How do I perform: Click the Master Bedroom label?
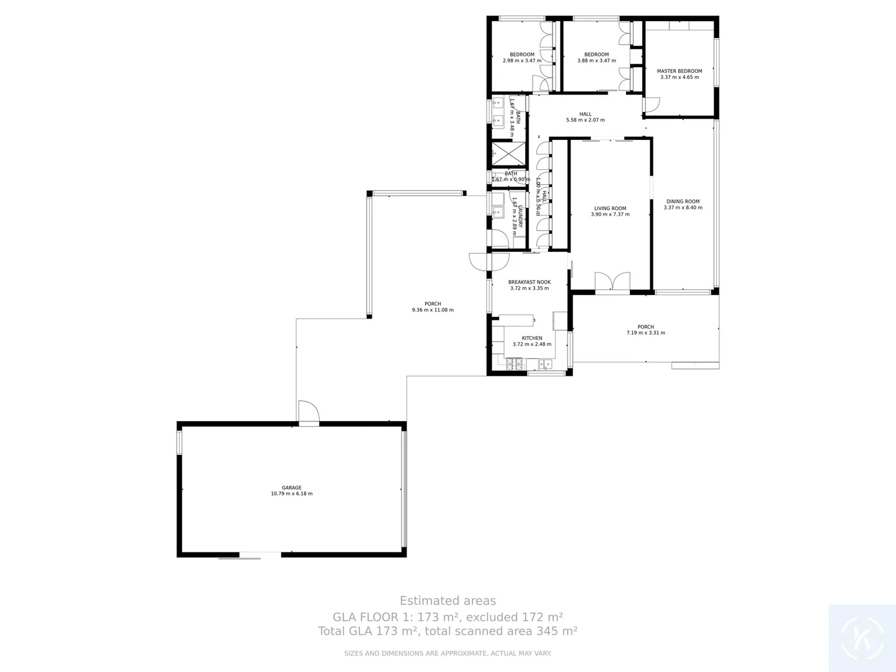tap(679, 72)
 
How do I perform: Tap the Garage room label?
tap(291, 488)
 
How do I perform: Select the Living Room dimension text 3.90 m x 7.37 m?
tap(610, 215)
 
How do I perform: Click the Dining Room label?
tap(683, 202)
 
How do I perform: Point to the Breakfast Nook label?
tap(529, 282)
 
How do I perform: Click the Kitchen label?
tap(531, 338)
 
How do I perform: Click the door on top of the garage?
tap(309, 413)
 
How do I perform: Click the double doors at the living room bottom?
tap(612, 282)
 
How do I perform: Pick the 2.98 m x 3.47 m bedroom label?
tap(521, 58)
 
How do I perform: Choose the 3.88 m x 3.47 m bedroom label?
tap(596, 58)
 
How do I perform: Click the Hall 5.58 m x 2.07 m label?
tap(585, 117)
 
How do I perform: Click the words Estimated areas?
tap(447, 601)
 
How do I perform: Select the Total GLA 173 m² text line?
tap(447, 631)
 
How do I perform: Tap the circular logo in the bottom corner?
tap(862, 638)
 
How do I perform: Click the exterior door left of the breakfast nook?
tap(480, 263)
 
